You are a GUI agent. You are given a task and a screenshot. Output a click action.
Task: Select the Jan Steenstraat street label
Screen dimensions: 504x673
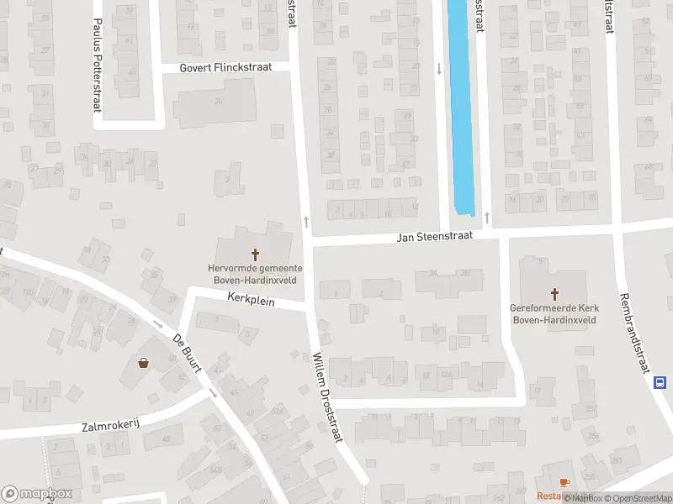tap(435, 238)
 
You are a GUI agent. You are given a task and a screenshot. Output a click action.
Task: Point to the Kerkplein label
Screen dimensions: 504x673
tap(252, 298)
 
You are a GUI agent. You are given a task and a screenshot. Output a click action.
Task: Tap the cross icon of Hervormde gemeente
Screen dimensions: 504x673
tap(254, 253)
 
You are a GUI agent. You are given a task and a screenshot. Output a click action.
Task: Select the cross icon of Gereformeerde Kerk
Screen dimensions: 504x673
tap(554, 294)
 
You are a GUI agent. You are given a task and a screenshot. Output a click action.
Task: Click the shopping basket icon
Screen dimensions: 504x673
tap(143, 363)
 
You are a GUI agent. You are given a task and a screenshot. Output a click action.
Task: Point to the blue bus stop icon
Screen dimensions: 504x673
tap(661, 382)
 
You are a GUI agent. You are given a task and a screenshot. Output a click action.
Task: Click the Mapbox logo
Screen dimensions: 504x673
tap(37, 494)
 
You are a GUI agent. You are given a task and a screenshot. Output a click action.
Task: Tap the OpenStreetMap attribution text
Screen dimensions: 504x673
tap(638, 498)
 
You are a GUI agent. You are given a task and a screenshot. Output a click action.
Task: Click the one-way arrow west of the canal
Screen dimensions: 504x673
tap(438, 69)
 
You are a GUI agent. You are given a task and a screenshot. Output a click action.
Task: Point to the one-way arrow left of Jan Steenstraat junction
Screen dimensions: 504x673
tap(306, 222)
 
